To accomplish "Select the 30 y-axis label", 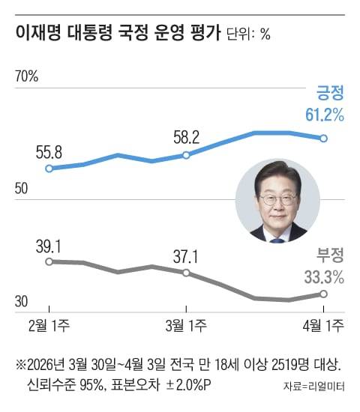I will point(22,302).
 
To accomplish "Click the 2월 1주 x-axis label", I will point(49,324).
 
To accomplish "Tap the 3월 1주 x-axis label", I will point(185,324).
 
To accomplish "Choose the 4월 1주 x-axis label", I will point(322,324).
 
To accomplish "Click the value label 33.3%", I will point(324,276).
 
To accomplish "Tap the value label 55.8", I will point(49,153).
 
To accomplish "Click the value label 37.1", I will point(185,256).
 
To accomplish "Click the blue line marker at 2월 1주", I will point(49,169).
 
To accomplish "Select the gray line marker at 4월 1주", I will point(323,294).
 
